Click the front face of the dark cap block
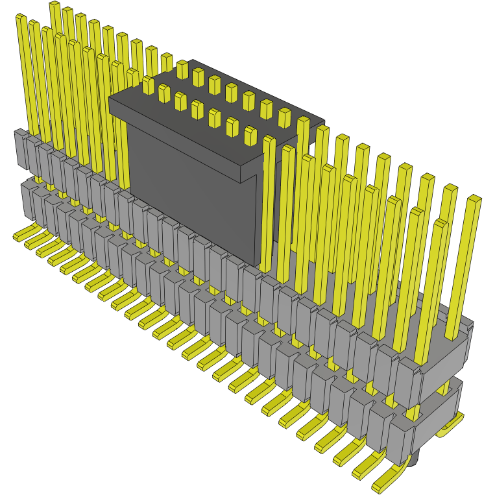click(195, 195)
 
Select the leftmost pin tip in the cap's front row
click(148, 82)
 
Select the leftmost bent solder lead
click(23, 233)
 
